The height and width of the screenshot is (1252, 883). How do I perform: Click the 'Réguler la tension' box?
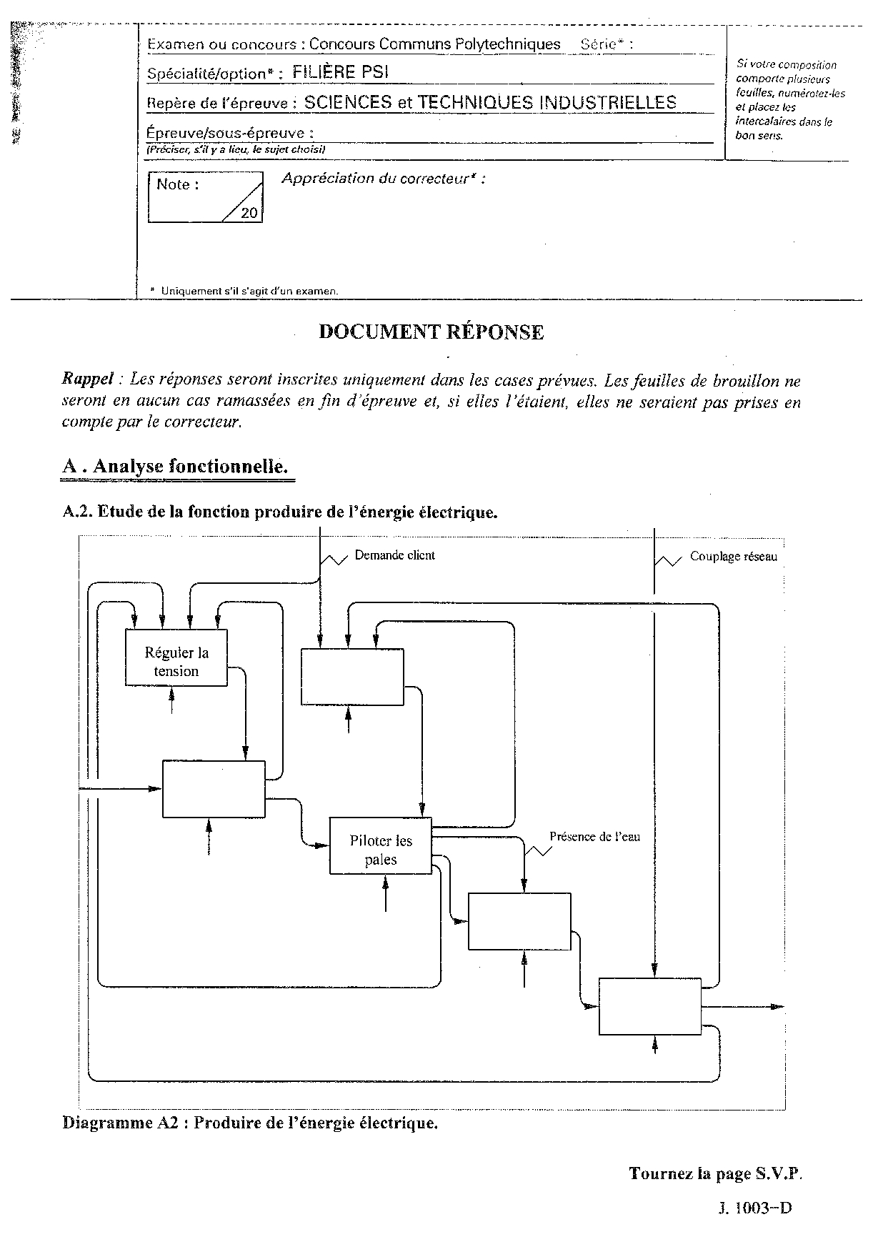176,658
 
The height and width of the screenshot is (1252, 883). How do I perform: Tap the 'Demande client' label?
394,555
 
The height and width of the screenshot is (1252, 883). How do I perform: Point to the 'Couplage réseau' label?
733,557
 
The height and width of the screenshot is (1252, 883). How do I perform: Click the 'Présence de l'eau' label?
594,836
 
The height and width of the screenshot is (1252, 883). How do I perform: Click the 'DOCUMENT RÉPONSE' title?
431,332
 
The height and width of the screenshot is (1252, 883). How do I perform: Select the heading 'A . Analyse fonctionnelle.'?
175,467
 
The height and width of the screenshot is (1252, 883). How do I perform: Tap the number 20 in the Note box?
249,213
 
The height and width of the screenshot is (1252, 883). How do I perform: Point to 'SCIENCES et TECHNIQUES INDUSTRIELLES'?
490,102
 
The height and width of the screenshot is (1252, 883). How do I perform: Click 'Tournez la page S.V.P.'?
716,1173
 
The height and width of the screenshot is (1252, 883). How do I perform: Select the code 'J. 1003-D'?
754,1208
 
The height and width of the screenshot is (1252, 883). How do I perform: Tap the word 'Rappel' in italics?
87,379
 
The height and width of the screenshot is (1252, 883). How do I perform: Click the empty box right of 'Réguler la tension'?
352,677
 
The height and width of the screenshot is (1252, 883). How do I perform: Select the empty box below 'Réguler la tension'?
214,789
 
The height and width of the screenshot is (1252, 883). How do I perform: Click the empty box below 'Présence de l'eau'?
519,921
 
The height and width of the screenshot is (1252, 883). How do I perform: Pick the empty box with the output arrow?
649,1006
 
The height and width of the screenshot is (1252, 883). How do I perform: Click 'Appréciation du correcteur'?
383,179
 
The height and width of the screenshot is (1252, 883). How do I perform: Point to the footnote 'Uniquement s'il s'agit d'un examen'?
249,291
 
